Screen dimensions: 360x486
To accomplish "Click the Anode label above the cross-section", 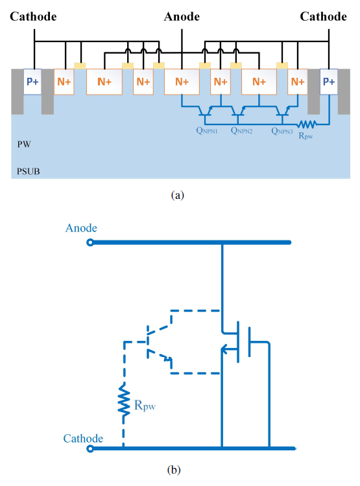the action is click(182, 16).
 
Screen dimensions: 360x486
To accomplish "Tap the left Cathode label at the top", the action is click(33, 16).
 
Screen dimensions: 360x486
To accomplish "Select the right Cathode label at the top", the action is click(324, 16).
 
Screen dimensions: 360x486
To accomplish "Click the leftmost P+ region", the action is click(32, 82).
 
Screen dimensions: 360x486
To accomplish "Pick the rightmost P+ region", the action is click(329, 82).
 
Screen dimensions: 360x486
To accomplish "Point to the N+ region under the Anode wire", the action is click(182, 82).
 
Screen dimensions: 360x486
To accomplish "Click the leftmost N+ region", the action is click(64, 82).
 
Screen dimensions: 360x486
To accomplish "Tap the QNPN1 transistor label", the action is click(207, 130).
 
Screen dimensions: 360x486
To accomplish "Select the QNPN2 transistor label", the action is click(241, 130).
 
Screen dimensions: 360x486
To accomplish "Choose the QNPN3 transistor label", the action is click(282, 131).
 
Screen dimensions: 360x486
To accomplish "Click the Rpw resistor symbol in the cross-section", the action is click(307, 124).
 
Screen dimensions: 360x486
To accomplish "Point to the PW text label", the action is click(24, 144).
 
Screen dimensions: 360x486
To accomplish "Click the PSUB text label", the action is click(29, 172).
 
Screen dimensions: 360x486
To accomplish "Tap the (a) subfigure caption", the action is click(178, 195).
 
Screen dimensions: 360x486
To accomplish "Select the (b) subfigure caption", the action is click(174, 470).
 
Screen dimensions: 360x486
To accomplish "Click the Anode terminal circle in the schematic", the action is click(90, 242).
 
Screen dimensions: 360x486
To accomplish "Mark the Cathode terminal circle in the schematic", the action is click(90, 448).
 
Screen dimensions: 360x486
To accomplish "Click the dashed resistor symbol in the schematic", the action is click(124, 400).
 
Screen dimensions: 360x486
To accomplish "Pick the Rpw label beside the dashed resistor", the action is click(145, 406).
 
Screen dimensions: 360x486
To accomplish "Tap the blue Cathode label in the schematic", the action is click(83, 438).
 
